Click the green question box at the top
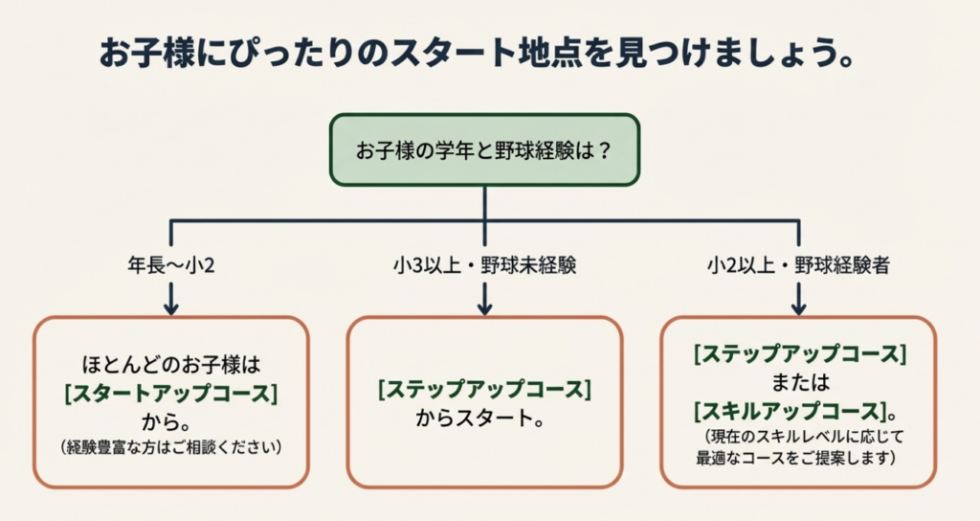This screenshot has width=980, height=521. [x=484, y=150]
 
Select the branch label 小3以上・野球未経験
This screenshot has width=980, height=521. [x=484, y=265]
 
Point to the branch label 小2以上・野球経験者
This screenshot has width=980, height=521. [x=798, y=265]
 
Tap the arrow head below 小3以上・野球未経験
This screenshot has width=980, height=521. [x=484, y=307]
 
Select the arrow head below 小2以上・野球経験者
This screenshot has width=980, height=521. [x=798, y=307]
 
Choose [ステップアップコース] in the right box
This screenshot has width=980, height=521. [x=799, y=353]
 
